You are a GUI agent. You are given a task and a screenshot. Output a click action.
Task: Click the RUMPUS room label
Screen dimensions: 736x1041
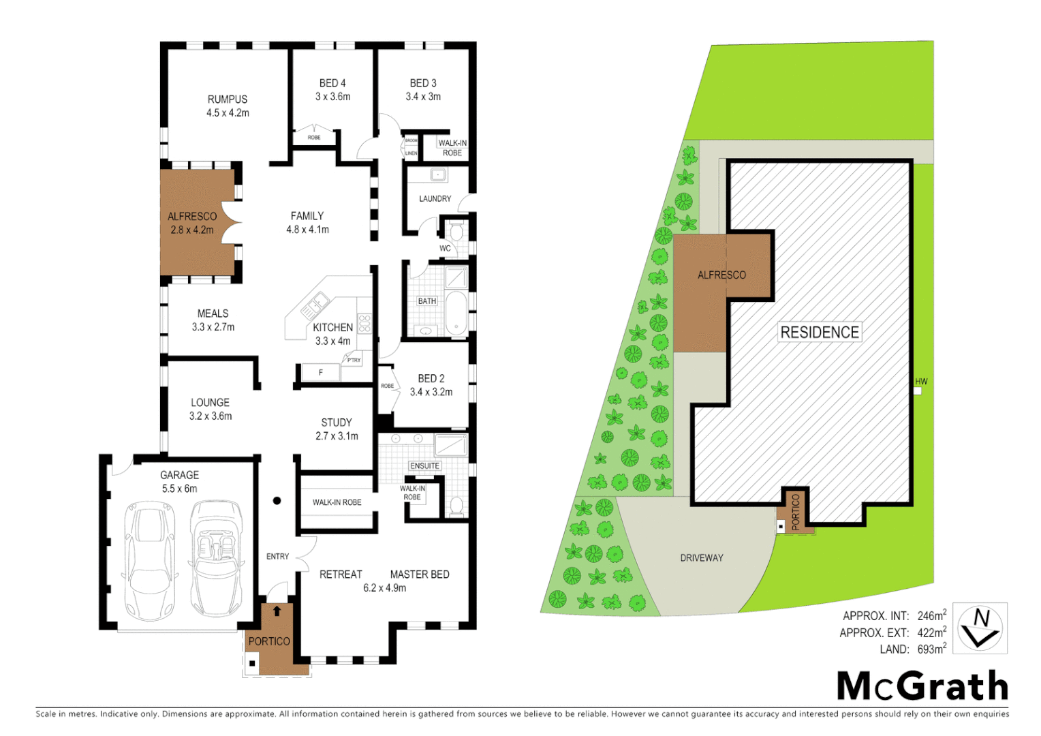228,99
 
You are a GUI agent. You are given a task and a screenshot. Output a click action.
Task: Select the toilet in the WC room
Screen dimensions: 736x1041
456,231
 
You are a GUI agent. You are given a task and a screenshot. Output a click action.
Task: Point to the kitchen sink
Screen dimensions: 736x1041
315,305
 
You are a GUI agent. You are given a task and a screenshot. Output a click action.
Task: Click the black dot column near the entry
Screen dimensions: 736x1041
277,501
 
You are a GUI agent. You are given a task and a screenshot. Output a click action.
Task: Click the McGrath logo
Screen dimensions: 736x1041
922,686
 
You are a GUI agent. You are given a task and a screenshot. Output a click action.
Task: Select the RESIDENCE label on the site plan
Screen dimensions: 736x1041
820,333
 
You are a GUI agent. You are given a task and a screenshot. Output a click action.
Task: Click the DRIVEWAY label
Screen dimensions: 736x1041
702,558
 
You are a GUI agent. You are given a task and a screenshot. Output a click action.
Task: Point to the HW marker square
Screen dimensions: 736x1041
918,391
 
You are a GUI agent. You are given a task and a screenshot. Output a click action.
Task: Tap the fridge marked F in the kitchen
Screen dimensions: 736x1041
321,373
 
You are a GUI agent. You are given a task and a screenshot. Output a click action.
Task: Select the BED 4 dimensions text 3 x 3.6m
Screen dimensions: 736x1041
332,97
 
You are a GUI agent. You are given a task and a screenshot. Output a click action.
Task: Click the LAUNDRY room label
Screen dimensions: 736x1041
435,199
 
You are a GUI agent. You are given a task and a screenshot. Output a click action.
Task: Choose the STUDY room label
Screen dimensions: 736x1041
337,423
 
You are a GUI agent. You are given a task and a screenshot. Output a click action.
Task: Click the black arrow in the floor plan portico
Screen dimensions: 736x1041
277,611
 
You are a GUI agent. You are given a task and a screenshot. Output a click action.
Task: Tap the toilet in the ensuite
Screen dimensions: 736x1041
456,506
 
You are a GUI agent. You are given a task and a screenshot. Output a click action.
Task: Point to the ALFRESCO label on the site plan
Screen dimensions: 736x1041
721,275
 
